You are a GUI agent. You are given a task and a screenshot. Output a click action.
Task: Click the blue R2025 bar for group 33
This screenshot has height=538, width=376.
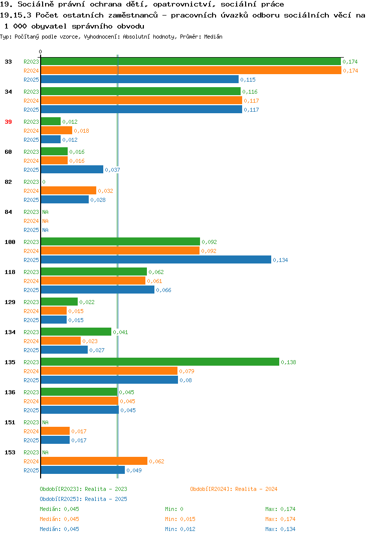pyautogui.click(x=140, y=79)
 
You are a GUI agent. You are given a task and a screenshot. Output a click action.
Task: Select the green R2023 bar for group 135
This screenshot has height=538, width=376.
pyautogui.click(x=160, y=362)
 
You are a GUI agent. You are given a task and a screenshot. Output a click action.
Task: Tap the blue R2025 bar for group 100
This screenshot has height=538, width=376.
pyautogui.click(x=156, y=260)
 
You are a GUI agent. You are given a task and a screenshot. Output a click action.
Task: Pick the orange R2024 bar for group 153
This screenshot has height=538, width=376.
pyautogui.click(x=94, y=461)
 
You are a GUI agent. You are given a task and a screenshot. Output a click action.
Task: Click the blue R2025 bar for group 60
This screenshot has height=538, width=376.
pyautogui.click(x=72, y=169)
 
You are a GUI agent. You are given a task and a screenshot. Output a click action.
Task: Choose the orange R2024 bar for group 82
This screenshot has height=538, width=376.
pyautogui.click(x=69, y=190)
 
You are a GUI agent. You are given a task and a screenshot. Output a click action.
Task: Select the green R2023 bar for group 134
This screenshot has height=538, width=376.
pyautogui.click(x=76, y=332)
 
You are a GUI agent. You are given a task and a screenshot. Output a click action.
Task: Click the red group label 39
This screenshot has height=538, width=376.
pyautogui.click(x=8, y=122)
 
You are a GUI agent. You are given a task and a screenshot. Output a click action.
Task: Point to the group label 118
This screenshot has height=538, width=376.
pyautogui.click(x=10, y=272)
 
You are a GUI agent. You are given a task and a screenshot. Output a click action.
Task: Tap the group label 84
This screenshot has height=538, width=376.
pyautogui.click(x=8, y=212)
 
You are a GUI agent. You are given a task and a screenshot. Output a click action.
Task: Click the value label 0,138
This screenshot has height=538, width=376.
pyautogui.click(x=288, y=362)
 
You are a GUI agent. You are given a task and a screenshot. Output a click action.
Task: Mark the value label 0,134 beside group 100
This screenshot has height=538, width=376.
pyautogui.click(x=280, y=260)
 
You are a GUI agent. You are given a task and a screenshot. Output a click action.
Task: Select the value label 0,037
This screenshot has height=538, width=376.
pyautogui.click(x=113, y=170)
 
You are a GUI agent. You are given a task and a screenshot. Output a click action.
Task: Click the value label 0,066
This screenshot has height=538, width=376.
pyautogui.click(x=163, y=290)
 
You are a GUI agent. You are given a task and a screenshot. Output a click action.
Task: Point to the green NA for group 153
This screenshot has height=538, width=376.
pyautogui.click(x=45, y=452)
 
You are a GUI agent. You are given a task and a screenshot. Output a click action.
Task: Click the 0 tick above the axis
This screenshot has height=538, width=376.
pyautogui.click(x=41, y=52)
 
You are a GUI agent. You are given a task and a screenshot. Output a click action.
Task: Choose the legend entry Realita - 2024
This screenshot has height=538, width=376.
pyautogui.click(x=234, y=489)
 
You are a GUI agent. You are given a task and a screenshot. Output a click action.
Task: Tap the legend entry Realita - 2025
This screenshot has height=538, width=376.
pyautogui.click(x=83, y=499)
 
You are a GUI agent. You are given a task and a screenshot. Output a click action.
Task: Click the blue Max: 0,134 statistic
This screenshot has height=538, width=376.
pyautogui.click(x=280, y=529)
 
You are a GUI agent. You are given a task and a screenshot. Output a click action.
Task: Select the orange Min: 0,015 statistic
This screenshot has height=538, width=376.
pyautogui.click(x=180, y=519)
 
